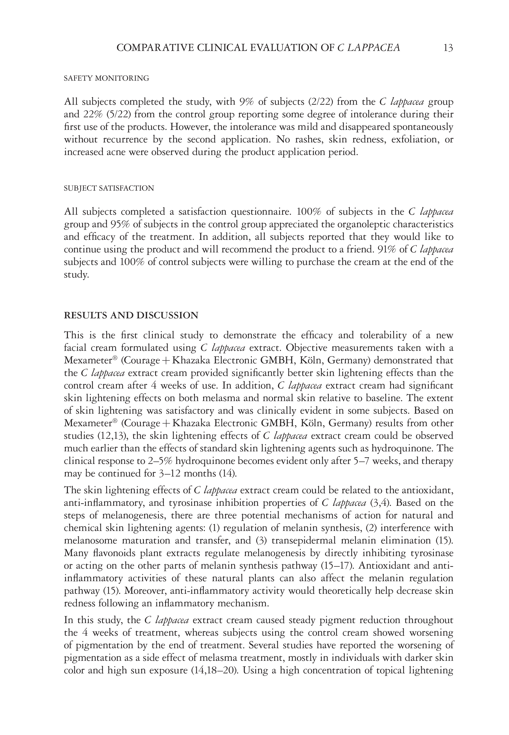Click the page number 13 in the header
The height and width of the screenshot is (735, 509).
tap(448, 48)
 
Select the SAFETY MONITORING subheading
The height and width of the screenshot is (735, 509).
tap(106, 78)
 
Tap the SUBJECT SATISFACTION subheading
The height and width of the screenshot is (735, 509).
tap(109, 189)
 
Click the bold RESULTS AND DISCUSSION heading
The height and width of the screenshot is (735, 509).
tap(131, 315)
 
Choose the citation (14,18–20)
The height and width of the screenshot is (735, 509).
tap(214, 671)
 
